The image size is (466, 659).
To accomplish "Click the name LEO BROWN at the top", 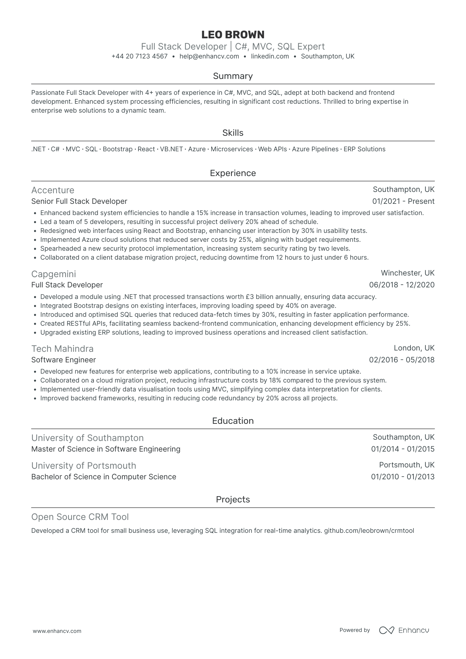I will tap(233, 35).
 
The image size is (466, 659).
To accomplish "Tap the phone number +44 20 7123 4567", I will tap(139, 56).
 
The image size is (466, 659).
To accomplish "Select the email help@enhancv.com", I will tap(209, 56).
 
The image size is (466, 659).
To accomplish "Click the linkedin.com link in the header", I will tap(270, 56).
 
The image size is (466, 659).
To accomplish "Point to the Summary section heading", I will tap(233, 76).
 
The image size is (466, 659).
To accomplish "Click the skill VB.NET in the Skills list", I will tap(172, 149).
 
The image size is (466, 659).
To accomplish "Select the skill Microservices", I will tap(232, 149).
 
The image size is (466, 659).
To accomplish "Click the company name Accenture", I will tap(53, 190).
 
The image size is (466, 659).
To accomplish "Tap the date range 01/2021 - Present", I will tap(403, 201).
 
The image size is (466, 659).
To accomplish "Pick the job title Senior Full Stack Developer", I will tap(79, 201).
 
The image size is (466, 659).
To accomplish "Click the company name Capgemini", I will tap(54, 274).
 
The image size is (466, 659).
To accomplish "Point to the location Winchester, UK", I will tap(408, 273).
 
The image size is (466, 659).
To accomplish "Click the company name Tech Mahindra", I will tap(62, 349).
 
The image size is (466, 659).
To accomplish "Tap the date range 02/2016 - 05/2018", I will tap(402, 360).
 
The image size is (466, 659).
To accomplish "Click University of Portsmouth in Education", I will tap(84, 466).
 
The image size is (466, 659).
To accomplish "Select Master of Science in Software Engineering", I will tap(106, 449).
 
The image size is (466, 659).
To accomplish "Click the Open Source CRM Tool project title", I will tap(80, 517).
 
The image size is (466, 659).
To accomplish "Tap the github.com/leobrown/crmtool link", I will tap(369, 531).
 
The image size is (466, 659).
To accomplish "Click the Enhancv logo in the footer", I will tap(404, 630).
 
